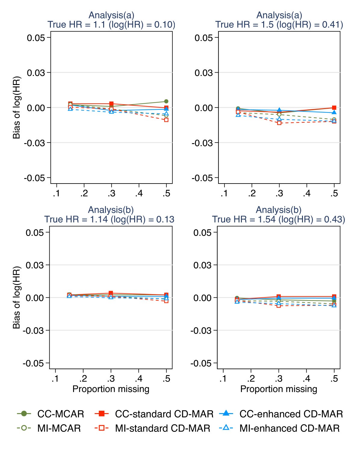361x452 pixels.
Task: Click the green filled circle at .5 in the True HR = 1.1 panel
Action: (x=166, y=101)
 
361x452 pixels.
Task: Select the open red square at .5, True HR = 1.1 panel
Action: (x=166, y=120)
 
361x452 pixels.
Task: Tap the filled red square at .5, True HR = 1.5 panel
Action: (x=334, y=108)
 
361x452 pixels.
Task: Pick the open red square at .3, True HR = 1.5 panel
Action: (x=279, y=123)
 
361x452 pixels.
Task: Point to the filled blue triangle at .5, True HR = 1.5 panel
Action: (x=334, y=112)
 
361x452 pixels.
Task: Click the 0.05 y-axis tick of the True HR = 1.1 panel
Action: (x=36, y=38)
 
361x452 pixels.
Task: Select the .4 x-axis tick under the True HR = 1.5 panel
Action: (x=307, y=193)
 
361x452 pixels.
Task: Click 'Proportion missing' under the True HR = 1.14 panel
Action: (x=111, y=389)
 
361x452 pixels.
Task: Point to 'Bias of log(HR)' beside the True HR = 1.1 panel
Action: (x=16, y=108)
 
